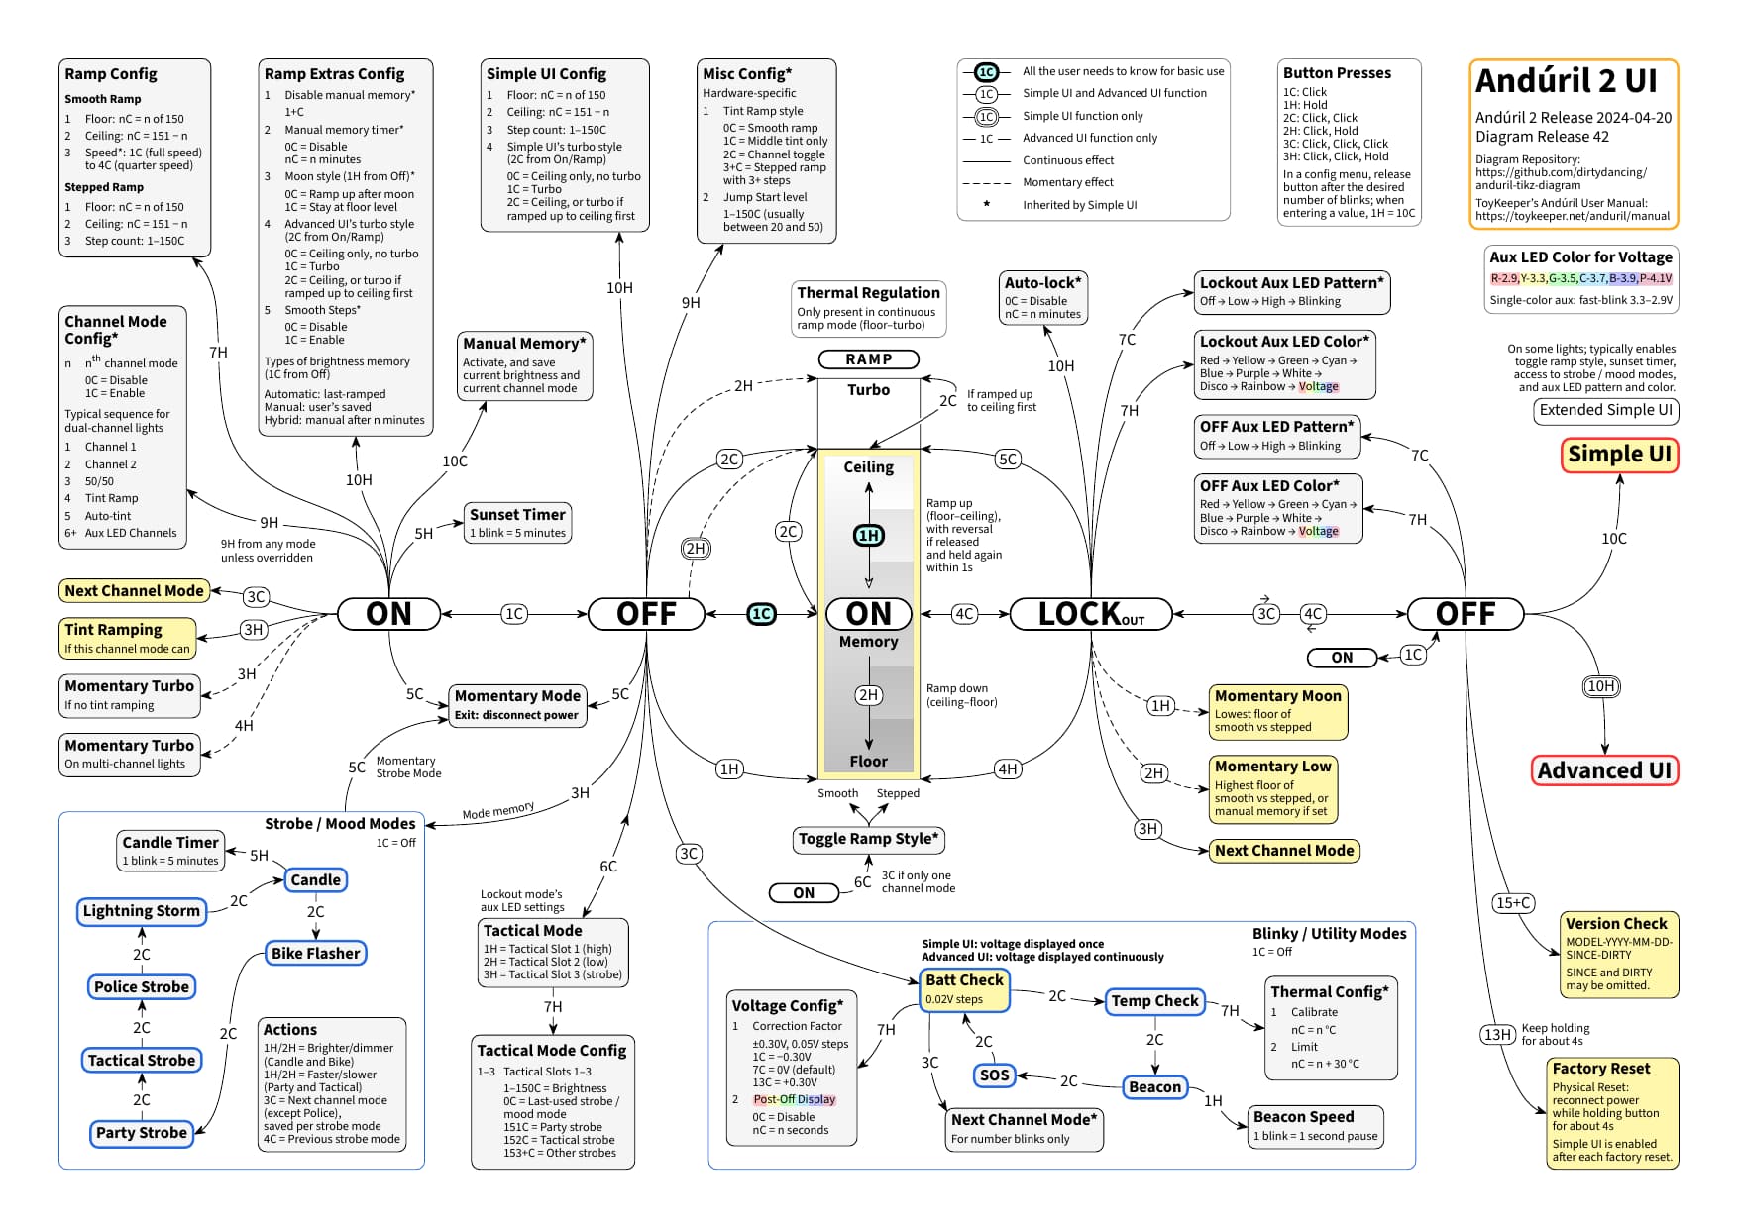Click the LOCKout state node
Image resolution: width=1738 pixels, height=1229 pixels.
pos(1090,614)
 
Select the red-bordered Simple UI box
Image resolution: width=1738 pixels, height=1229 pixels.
pos(1619,455)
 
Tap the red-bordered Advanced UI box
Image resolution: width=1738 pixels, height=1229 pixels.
pos(1604,770)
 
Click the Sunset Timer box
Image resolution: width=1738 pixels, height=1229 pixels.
pos(517,523)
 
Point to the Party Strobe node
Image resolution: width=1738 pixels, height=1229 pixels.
pos(142,1133)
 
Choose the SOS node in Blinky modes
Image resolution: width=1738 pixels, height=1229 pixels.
pos(994,1075)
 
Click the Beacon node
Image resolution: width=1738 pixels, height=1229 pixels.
pos(1154,1087)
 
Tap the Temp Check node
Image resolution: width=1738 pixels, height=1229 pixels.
pos(1154,1001)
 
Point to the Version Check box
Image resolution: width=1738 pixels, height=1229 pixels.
pos(1618,953)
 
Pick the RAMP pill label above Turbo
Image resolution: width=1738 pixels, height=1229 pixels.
pos(868,359)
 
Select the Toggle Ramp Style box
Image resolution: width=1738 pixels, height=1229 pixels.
pos(869,840)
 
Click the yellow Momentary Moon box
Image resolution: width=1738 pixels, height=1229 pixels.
pos(1278,711)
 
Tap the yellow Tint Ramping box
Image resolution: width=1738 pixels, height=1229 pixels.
pos(128,638)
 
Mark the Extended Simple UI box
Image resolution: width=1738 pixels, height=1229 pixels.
pos(1605,411)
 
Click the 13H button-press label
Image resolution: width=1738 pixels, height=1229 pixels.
pos(1496,1035)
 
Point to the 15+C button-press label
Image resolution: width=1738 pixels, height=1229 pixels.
pos(1513,903)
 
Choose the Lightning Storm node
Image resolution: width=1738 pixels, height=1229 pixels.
pos(142,911)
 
